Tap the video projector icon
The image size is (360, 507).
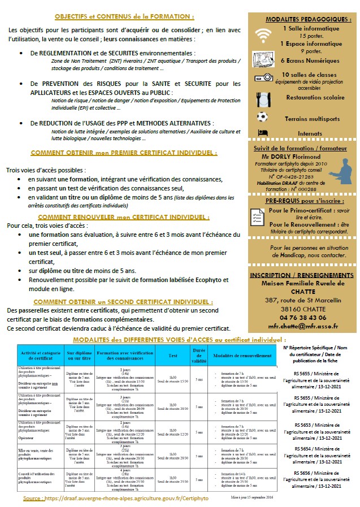(x=262, y=77)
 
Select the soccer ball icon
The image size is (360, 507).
(x=261, y=117)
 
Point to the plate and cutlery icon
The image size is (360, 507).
(x=262, y=99)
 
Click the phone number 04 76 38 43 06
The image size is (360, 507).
(x=302, y=318)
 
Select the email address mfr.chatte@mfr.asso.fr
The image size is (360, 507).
(x=302, y=326)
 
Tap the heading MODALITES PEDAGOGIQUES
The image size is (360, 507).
(x=302, y=19)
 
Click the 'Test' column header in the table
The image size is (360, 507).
(x=173, y=356)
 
